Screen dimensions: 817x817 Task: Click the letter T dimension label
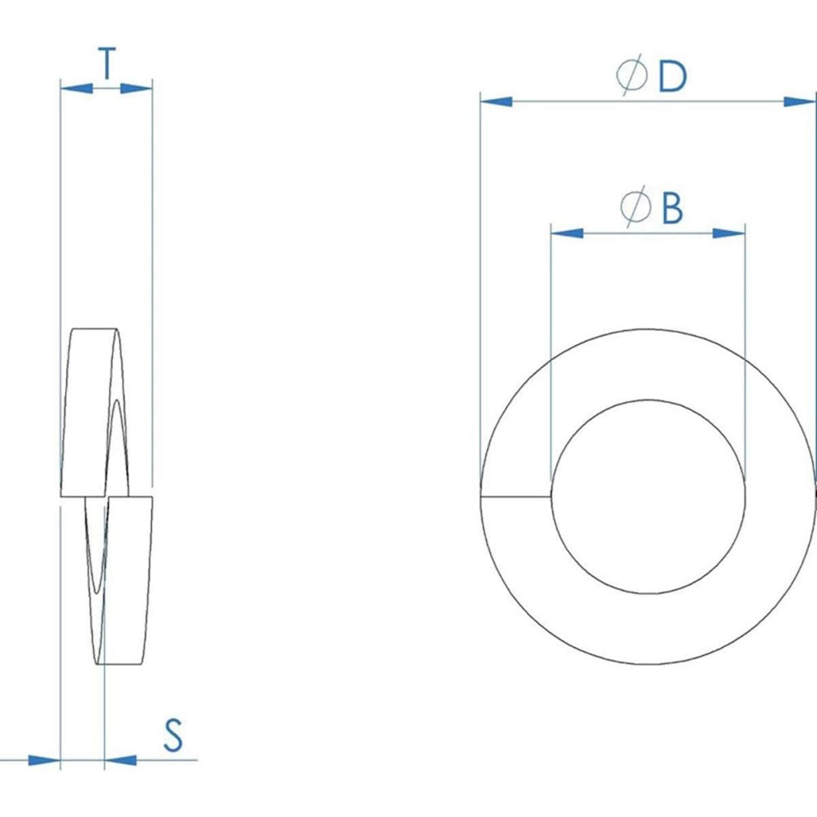106,63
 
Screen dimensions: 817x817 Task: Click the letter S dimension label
173,734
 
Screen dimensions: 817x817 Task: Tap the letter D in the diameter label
672,77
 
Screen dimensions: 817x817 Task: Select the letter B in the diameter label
672,208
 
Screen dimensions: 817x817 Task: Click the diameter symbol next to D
631,76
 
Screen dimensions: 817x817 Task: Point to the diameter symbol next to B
635,206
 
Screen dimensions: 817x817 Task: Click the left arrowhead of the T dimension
77,88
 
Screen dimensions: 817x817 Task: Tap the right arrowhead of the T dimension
136,88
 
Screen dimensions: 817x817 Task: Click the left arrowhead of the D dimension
496,101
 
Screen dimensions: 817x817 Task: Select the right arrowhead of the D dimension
800,101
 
